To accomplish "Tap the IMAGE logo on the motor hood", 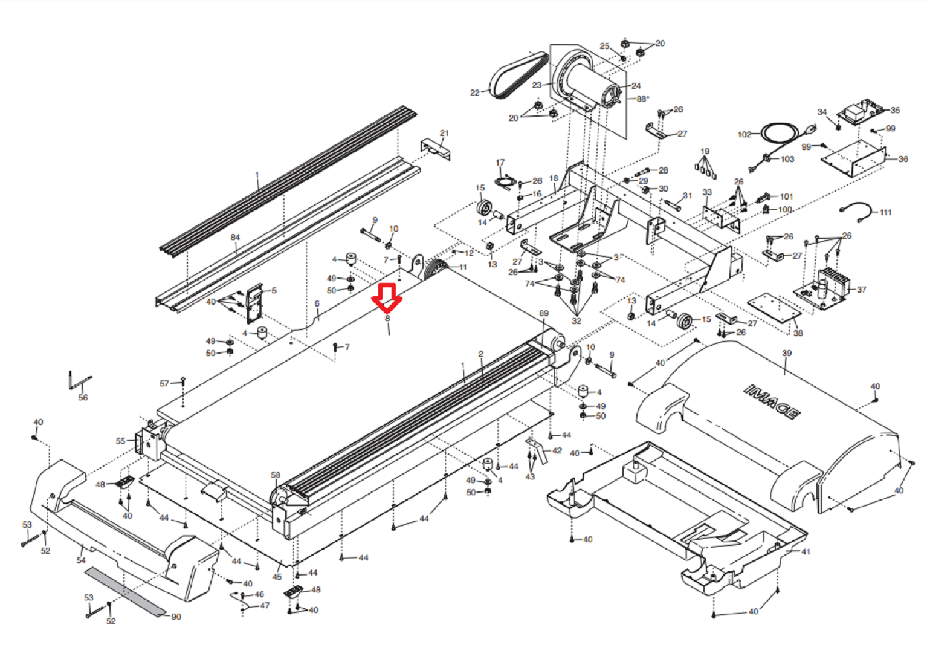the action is (772, 401).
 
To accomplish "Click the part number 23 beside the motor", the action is (537, 85).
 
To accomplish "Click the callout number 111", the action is (885, 212).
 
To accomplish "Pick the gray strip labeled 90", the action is (125, 592).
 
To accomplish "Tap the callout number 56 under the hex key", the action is (83, 398).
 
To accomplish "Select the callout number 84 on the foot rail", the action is (235, 237).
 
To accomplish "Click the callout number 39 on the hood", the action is (787, 353).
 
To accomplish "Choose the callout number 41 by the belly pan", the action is (806, 551).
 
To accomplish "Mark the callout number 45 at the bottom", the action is (277, 577).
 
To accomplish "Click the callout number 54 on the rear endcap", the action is (81, 560).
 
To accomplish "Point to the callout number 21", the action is (444, 133).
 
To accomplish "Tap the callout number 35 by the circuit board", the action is (895, 110).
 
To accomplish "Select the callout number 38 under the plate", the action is (798, 333).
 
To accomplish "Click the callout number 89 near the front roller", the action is (544, 313).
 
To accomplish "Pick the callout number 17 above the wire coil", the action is (500, 163).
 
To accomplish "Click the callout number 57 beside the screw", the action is (164, 383).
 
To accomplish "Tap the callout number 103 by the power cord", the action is (787, 159).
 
